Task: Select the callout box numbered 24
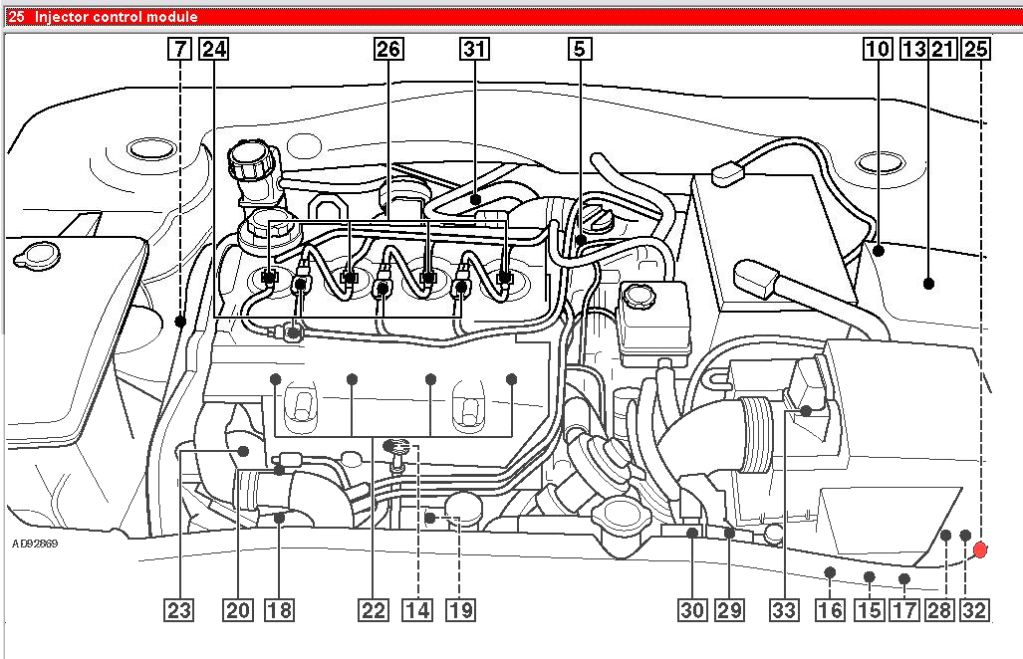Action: tap(213, 49)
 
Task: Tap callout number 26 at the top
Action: tap(388, 49)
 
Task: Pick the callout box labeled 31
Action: tap(474, 49)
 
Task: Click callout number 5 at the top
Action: tap(580, 49)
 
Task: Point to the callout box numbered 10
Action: tap(878, 49)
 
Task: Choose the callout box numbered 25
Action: tap(976, 49)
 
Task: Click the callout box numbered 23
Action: tap(179, 610)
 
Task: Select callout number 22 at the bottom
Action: tap(374, 610)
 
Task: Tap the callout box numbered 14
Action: tap(417, 610)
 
